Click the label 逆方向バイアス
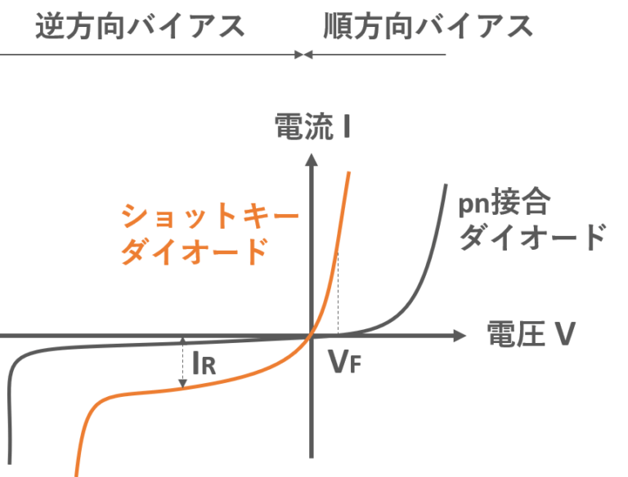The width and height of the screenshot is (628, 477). pos(140,26)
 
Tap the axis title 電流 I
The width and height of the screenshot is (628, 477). pos(312,128)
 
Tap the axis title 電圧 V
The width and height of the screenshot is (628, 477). pos(531,335)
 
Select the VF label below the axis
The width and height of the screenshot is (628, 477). pos(343,361)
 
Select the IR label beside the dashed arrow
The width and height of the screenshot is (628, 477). pos(204,364)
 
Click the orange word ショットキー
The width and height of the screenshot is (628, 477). pos(209,216)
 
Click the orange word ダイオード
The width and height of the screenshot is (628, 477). pos(194,251)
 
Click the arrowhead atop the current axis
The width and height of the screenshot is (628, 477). pos(311,160)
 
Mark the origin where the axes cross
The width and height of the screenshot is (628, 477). pos(311,336)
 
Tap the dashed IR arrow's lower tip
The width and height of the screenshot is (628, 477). pos(182,384)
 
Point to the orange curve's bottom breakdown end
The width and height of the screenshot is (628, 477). pos(77,472)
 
